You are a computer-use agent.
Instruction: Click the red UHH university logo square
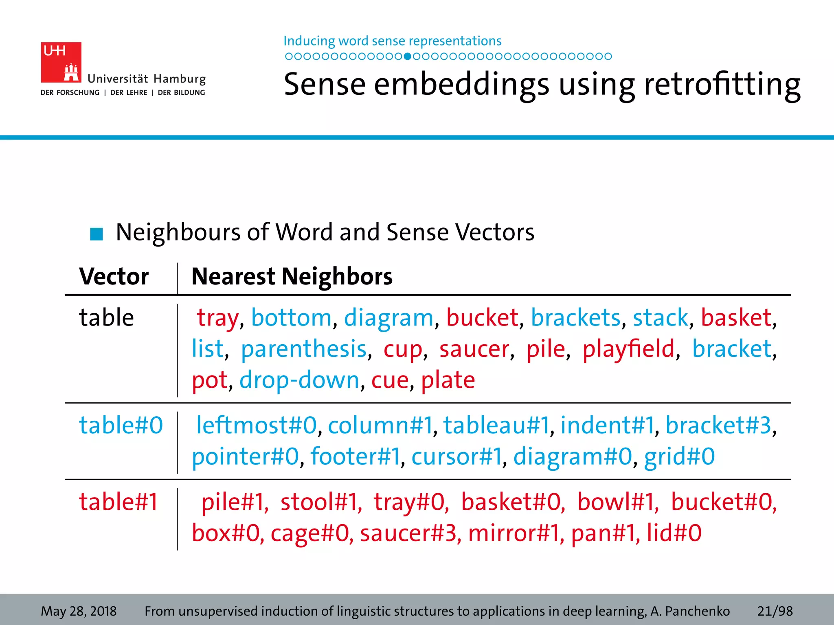coord(61,62)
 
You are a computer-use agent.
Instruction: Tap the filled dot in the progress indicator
coord(407,57)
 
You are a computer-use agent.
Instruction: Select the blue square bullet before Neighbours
coord(97,234)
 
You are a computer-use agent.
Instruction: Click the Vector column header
coord(114,277)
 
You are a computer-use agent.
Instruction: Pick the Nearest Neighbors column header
coord(292,277)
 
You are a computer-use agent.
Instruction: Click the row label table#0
coord(121,425)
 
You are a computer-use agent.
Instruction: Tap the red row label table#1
coord(118,501)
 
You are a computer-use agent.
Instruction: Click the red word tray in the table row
coord(217,318)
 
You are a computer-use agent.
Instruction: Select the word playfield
coord(628,349)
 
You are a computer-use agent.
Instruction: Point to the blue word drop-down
coord(299,380)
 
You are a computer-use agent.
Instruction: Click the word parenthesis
coord(304,349)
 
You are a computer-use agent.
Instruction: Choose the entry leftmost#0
coord(256,425)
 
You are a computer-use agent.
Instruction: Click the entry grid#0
coord(679,456)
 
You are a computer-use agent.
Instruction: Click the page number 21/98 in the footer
coord(775,611)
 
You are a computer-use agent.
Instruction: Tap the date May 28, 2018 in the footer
coord(79,611)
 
